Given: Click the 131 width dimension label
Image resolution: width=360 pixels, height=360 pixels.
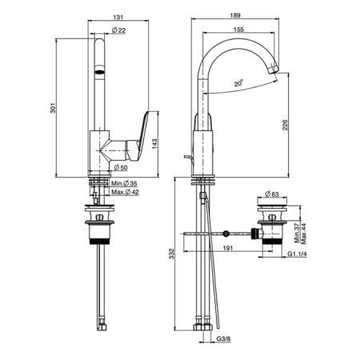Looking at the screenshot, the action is [118, 17].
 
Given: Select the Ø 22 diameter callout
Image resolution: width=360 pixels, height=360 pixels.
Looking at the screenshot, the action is [118, 30].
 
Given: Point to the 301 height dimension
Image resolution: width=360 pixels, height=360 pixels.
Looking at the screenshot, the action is [54, 108].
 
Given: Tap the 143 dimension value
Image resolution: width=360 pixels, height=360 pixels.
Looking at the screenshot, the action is [154, 143].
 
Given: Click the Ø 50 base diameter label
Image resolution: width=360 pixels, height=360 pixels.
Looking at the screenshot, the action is [121, 167].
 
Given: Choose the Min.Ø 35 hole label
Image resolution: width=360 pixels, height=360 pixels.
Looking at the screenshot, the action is [124, 183].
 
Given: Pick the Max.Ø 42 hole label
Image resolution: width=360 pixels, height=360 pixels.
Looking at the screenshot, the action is [125, 192].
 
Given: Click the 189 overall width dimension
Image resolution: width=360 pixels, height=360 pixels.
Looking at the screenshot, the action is [235, 15].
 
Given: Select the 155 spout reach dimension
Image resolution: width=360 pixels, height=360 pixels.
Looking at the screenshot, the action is [238, 30].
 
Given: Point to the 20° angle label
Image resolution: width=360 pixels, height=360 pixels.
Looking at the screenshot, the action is [238, 83].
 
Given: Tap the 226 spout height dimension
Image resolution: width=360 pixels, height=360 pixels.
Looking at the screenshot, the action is [285, 125].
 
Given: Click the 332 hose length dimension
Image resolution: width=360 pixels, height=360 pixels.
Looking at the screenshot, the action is [171, 254].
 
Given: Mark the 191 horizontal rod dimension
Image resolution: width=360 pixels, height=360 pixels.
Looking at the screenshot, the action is [228, 248].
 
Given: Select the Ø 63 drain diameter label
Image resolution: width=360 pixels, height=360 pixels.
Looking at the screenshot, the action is [272, 194].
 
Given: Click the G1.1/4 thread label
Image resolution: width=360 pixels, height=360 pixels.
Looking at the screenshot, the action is [297, 254].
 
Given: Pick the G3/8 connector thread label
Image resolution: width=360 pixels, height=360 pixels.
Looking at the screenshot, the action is [223, 339].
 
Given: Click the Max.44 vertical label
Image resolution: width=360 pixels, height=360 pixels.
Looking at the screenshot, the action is [304, 234].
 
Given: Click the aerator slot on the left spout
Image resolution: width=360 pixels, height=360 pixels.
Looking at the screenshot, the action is [100, 71].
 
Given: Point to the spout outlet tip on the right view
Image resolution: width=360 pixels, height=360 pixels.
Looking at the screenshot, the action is [274, 69].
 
